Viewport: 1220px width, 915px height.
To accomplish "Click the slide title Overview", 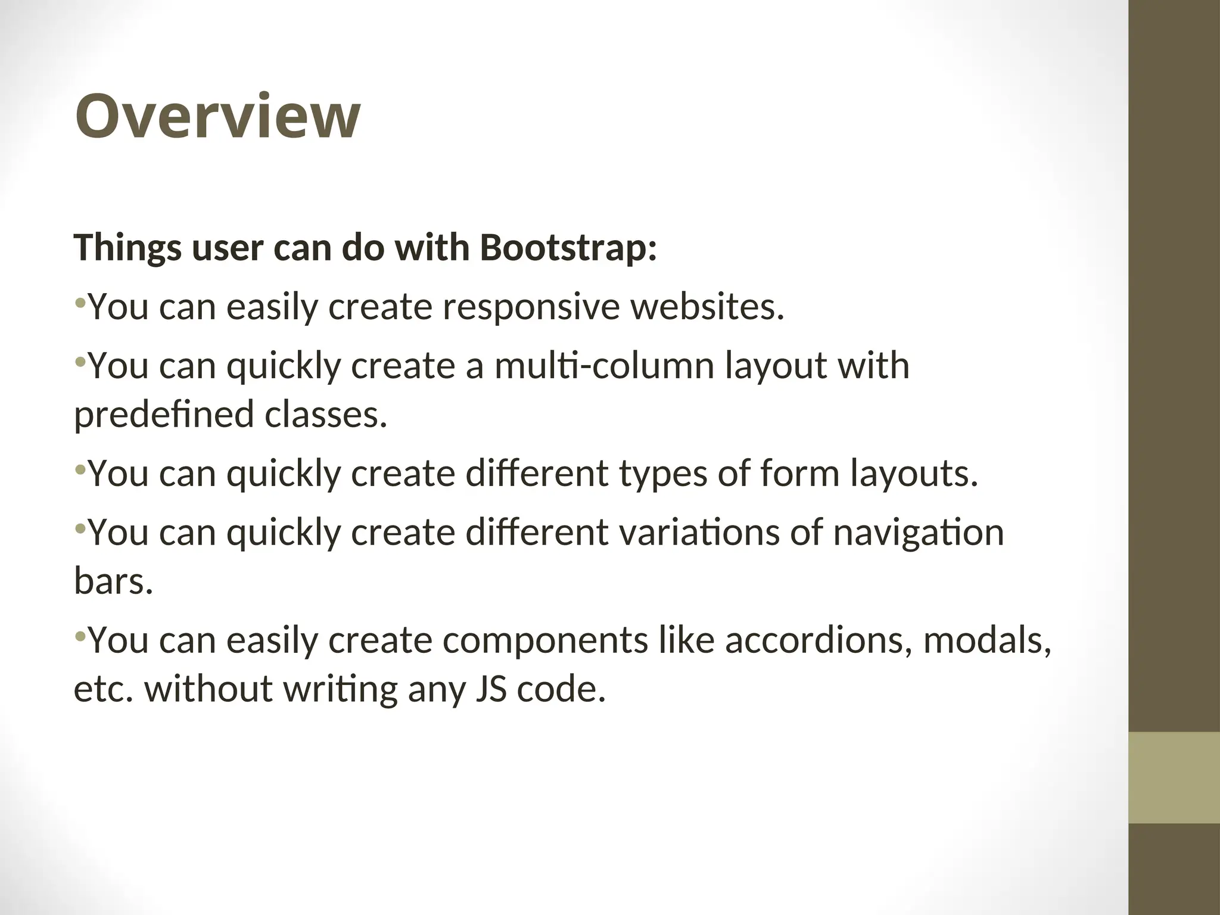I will (x=217, y=117).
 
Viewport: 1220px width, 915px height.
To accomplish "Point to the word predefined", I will (x=164, y=415).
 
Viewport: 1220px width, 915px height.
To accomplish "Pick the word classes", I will (x=326, y=415).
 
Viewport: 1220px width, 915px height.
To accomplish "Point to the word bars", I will (x=113, y=581).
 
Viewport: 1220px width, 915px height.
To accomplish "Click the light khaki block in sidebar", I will (x=1174, y=777).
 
